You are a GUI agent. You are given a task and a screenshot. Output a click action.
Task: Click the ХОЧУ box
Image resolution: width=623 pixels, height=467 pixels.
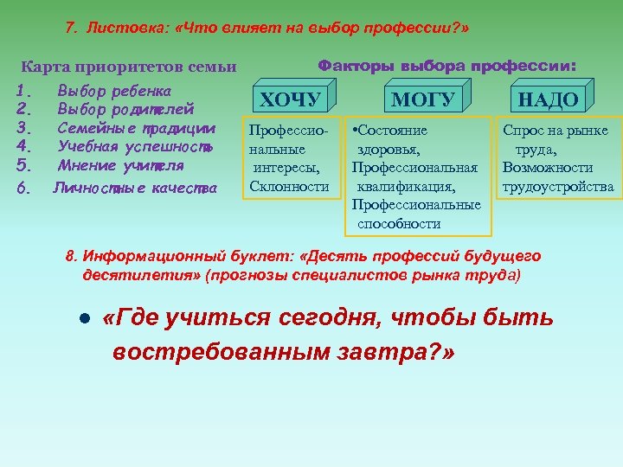pos(290,99)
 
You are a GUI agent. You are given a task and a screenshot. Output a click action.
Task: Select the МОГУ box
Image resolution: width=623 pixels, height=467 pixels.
pos(422,99)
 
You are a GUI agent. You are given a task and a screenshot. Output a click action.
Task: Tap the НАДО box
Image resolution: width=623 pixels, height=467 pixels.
pos(548,99)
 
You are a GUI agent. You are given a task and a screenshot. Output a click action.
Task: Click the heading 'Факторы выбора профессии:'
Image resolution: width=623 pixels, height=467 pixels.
pos(447,66)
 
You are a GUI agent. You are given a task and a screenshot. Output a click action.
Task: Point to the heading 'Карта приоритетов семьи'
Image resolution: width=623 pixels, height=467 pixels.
pos(128,67)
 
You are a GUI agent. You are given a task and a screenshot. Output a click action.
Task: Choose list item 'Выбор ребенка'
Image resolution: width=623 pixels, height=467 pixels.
pos(114,91)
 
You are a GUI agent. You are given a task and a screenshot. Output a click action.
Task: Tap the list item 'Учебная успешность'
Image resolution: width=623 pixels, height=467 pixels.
pos(134,147)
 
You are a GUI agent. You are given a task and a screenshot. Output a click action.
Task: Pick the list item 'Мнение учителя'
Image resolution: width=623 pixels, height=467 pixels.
pos(120,165)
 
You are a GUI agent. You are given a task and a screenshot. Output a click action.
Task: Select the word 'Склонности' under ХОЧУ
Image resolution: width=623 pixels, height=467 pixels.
pos(289,187)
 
